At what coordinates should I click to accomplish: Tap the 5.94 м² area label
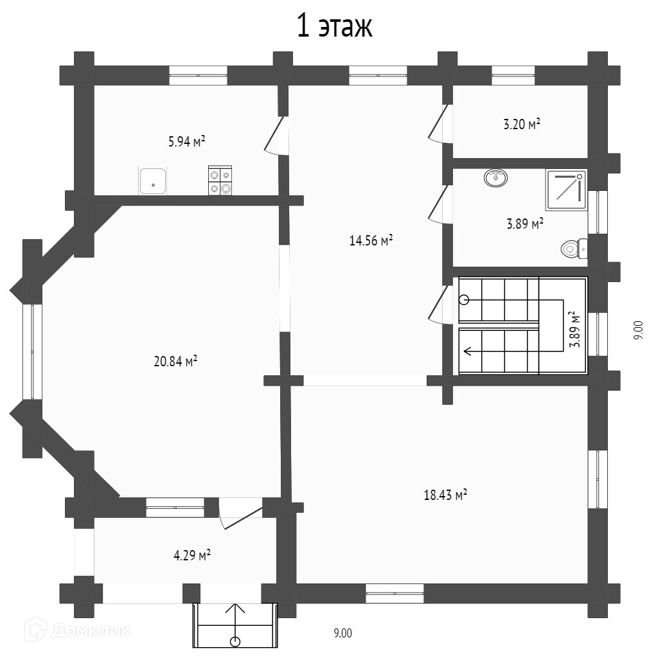pyautogui.click(x=186, y=141)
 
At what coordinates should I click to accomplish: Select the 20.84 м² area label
pyautogui.click(x=175, y=361)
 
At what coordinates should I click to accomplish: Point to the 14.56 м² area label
pyautogui.click(x=371, y=241)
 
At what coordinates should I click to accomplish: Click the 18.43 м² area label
pyautogui.click(x=445, y=495)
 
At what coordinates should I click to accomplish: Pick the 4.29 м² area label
pyautogui.click(x=192, y=555)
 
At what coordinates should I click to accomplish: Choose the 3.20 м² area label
pyautogui.click(x=521, y=124)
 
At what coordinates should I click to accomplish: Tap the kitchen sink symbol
pyautogui.click(x=153, y=181)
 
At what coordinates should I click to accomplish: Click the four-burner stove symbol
pyautogui.click(x=220, y=181)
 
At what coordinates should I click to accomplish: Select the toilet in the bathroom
pyautogui.click(x=574, y=248)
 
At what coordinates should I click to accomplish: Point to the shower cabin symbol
pyautogui.click(x=566, y=190)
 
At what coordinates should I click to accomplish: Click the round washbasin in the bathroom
pyautogui.click(x=495, y=178)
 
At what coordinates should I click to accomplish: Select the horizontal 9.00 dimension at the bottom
pyautogui.click(x=342, y=634)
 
